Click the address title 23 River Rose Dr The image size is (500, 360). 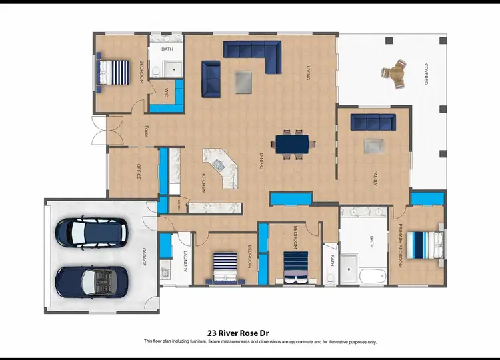point(249,332)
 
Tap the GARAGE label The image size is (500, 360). point(143,257)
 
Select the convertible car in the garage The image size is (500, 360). point(91,282)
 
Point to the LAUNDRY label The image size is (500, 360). point(185,261)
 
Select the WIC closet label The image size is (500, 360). point(166,92)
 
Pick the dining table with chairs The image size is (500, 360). point(293,144)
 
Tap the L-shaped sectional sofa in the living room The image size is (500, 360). point(253,53)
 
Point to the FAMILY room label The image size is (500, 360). point(375,178)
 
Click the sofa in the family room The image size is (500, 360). point(373,121)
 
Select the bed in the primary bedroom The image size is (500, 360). point(424,244)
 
